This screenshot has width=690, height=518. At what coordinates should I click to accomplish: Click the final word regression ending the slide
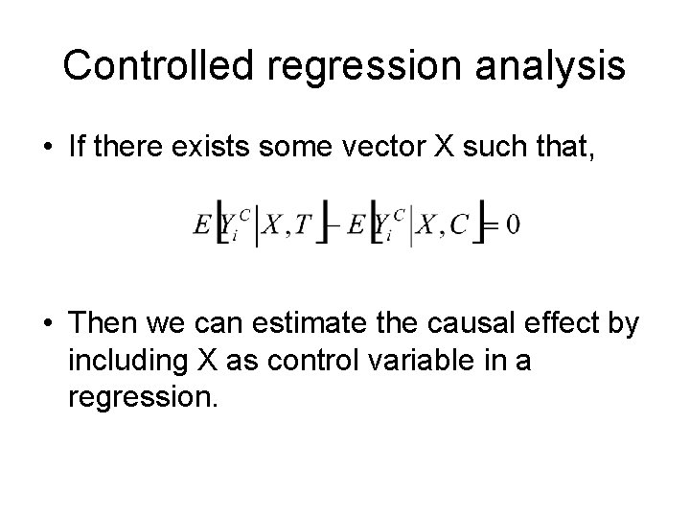(x=143, y=397)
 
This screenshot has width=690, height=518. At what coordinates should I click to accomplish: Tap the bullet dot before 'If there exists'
(x=47, y=150)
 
